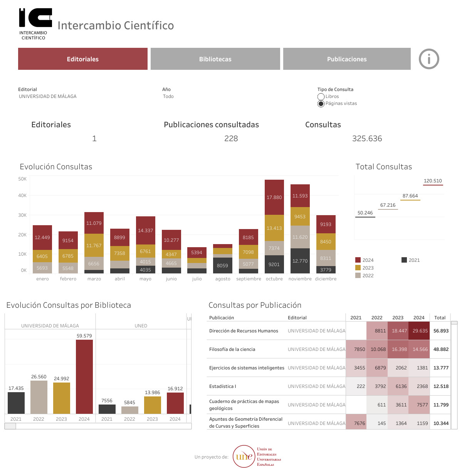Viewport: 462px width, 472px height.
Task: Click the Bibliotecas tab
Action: pyautogui.click(x=215, y=59)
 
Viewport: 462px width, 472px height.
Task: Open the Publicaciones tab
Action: pyautogui.click(x=347, y=59)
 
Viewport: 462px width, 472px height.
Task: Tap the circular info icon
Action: pyautogui.click(x=429, y=59)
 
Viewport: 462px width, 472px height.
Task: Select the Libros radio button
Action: pyautogui.click(x=321, y=97)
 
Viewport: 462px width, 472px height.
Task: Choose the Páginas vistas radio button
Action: pyautogui.click(x=321, y=104)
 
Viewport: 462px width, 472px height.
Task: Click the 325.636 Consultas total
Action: pyautogui.click(x=367, y=138)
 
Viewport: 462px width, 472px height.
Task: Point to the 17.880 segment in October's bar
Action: pyautogui.click(x=274, y=197)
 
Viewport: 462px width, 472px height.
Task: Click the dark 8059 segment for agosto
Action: pyautogui.click(x=223, y=265)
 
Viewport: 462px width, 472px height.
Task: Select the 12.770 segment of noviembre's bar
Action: pyautogui.click(x=300, y=261)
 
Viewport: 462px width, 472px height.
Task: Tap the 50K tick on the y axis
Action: pyautogui.click(x=22, y=179)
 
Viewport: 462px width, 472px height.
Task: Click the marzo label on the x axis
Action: pyautogui.click(x=94, y=279)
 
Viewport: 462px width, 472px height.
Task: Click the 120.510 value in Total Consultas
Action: pyautogui.click(x=433, y=181)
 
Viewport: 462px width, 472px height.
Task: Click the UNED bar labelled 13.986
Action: pyautogui.click(x=152, y=405)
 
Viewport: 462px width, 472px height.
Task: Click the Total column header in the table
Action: pyautogui.click(x=440, y=318)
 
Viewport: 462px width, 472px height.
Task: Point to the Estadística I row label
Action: pyautogui.click(x=223, y=386)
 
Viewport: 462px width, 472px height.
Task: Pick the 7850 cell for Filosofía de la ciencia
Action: pyautogui.click(x=359, y=349)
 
